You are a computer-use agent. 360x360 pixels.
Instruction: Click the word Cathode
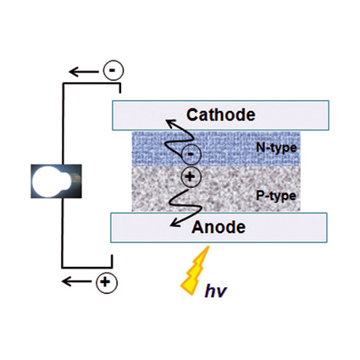point(221,114)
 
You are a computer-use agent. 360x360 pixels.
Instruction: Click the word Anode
point(219,227)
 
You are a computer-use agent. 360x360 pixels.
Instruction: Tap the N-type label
point(276,147)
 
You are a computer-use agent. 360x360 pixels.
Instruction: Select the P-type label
point(276,196)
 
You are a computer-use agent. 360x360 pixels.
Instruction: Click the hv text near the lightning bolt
point(216,291)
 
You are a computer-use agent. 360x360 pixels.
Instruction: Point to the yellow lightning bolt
point(196,270)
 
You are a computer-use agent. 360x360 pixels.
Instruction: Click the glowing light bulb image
point(56,181)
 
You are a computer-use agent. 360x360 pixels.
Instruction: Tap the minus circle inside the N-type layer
point(191,154)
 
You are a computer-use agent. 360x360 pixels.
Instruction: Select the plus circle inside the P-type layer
point(191,177)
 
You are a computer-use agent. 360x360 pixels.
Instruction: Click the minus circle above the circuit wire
point(114,70)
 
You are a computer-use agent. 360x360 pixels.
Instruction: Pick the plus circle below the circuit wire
point(107,282)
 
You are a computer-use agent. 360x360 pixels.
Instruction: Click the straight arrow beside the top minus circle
point(84,72)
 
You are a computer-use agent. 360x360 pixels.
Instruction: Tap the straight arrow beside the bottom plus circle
point(76,281)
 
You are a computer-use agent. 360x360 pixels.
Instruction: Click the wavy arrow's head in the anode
point(174,223)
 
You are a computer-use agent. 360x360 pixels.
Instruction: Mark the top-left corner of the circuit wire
point(64,84)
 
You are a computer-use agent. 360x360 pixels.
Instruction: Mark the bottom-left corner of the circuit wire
point(63,267)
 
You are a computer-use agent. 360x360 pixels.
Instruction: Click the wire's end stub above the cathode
point(120,88)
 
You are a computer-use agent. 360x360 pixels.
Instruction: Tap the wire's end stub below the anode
point(112,261)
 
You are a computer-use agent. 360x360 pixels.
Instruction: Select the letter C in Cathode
point(192,114)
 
